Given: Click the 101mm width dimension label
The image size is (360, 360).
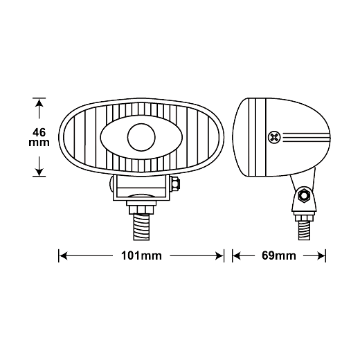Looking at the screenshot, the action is (141, 255).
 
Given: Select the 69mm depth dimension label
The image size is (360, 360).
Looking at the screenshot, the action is (279, 255).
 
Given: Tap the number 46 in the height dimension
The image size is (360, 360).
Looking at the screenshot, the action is (39, 132).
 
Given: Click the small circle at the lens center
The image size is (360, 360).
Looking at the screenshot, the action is (141, 137).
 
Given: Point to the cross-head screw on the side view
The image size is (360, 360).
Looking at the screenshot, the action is (274, 138).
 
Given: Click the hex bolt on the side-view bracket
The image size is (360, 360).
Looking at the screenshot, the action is (304, 196).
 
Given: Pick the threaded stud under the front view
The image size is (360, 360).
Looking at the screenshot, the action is (141, 227).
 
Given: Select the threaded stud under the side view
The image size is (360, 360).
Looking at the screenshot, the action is (304, 231).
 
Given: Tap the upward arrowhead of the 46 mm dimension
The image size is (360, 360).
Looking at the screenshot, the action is (39, 103).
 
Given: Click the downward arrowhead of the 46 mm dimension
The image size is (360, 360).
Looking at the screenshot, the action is (39, 172).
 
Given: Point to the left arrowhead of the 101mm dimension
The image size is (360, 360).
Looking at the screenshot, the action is (63, 255).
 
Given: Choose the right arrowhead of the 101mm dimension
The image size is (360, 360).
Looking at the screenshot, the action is (219, 255).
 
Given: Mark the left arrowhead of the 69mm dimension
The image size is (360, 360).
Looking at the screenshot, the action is (237, 255).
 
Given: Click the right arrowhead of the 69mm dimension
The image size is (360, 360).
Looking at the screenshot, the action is (321, 255).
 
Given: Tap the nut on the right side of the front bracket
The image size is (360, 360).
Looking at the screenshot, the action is (175, 184).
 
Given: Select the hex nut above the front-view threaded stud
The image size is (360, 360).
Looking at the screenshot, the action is (141, 210).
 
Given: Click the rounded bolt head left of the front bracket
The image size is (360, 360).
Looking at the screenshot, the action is (111, 183).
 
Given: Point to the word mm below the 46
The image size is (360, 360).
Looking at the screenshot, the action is (39, 143).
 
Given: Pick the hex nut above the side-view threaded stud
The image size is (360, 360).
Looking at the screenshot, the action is (304, 218).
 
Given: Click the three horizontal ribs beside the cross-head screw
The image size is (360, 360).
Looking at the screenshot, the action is (306, 137).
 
